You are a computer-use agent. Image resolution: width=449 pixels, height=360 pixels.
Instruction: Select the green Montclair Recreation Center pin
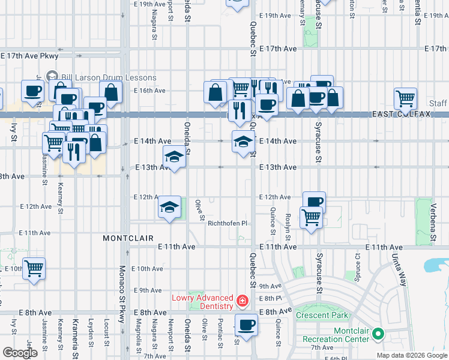(378, 333)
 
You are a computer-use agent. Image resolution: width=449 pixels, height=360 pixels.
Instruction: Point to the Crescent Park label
(321, 315)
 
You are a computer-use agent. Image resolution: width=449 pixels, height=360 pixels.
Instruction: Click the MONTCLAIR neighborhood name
(124, 238)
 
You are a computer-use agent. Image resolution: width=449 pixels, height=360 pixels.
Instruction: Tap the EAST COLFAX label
(402, 114)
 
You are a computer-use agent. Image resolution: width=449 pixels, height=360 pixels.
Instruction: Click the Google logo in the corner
(20, 353)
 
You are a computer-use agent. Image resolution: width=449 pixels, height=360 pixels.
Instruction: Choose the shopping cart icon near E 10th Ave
(34, 268)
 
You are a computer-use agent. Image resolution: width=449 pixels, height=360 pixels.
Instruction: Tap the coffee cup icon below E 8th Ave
(246, 325)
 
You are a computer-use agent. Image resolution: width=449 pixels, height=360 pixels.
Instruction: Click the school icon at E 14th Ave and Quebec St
(242, 143)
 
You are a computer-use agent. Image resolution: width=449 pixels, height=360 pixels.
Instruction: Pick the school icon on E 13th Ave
(174, 158)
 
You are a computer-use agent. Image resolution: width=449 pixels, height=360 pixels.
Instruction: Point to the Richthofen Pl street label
(228, 224)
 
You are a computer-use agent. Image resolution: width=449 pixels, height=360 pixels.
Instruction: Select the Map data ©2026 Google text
(412, 355)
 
